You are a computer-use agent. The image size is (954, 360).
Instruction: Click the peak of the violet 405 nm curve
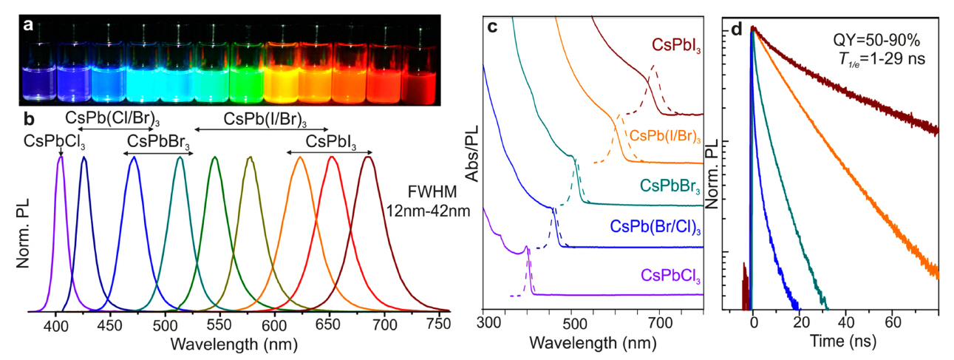[61, 157]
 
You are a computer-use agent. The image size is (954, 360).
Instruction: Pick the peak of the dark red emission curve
[367, 157]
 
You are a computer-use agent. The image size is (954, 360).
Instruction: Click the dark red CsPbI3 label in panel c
[676, 48]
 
